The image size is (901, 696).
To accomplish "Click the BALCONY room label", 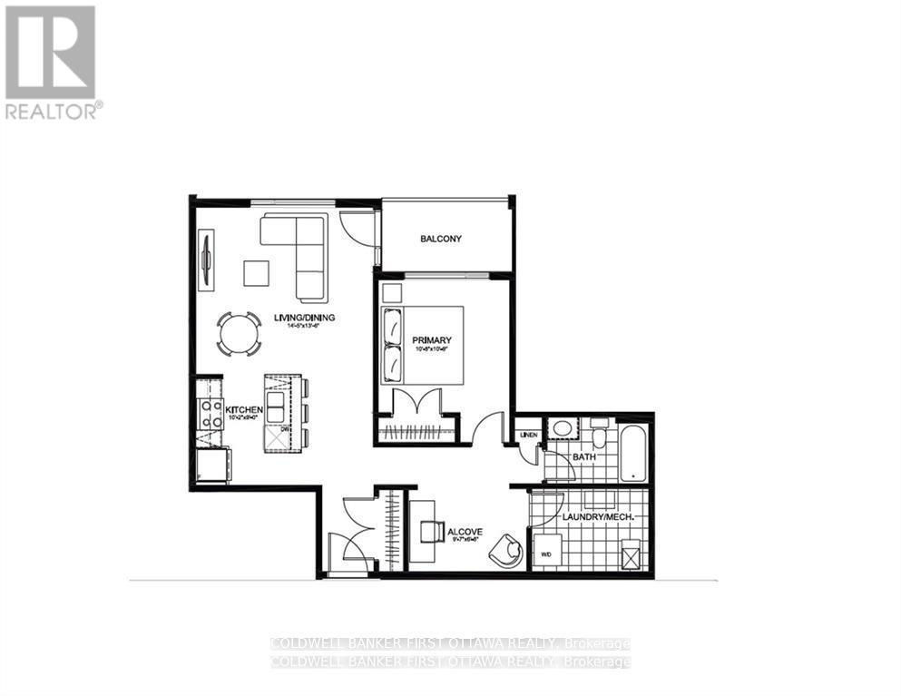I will [441, 239].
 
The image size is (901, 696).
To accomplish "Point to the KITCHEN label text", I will [244, 410].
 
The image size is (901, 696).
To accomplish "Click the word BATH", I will [583, 456].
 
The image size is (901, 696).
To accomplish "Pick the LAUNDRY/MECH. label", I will [591, 516].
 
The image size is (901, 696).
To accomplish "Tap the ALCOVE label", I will [464, 532].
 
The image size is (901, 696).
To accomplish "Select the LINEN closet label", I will [529, 436].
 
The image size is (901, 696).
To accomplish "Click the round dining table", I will [239, 334].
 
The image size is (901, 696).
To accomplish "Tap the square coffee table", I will [256, 273].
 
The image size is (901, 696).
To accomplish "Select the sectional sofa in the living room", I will [299, 250].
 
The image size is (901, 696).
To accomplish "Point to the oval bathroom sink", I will [563, 428].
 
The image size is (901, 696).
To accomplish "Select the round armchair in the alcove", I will [504, 548].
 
